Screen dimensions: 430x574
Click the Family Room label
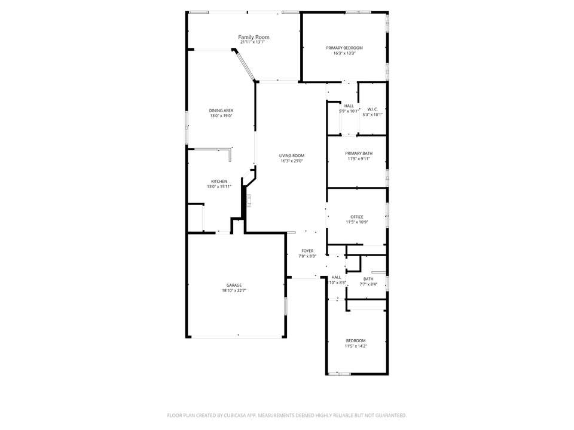click(254, 37)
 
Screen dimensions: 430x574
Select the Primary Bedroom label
click(344, 48)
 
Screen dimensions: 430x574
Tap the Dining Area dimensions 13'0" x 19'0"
click(221, 116)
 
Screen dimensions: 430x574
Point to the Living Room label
click(292, 156)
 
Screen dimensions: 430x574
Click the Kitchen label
click(218, 182)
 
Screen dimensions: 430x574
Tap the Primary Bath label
click(358, 153)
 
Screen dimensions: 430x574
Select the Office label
click(356, 217)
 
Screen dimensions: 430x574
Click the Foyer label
click(307, 251)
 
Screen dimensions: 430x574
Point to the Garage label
click(234, 285)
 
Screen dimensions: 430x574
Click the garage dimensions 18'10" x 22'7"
click(234, 291)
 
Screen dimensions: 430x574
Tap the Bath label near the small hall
click(368, 279)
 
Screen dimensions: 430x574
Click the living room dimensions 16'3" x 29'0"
click(292, 161)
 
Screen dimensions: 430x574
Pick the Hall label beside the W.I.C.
click(349, 106)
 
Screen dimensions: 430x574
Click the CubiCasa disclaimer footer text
click(287, 415)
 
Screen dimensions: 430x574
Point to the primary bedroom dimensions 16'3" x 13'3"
click(344, 53)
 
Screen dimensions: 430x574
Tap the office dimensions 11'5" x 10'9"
click(356, 222)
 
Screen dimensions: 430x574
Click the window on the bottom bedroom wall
click(339, 374)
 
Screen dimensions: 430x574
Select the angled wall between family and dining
click(245, 65)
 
